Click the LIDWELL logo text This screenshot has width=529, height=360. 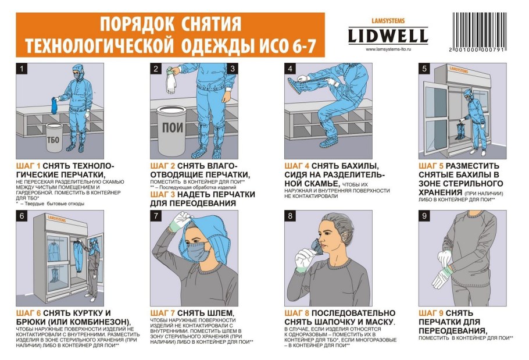(x=388, y=35)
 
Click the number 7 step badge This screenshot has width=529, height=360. (x=156, y=216)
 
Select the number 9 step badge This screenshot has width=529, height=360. (x=425, y=216)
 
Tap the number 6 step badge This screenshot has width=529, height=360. (x=22, y=216)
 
